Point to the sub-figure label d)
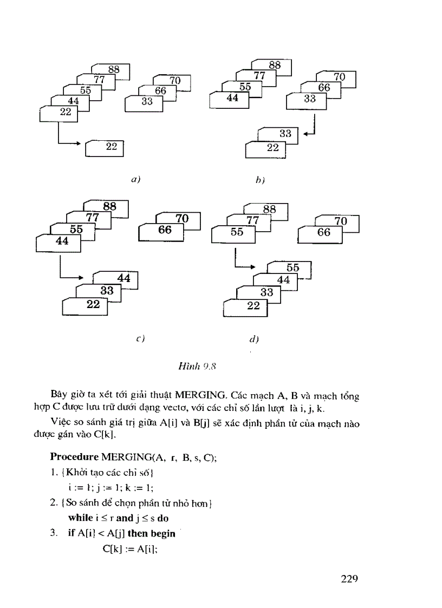pyautogui.click(x=254, y=339)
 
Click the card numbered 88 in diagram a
pyautogui.click(x=113, y=69)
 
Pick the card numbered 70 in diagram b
pyautogui.click(x=339, y=77)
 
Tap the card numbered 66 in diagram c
pyautogui.click(x=165, y=230)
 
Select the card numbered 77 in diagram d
pyautogui.click(x=252, y=220)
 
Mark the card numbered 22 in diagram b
pyautogui.click(x=272, y=148)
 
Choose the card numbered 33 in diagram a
pyautogui.click(x=147, y=101)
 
